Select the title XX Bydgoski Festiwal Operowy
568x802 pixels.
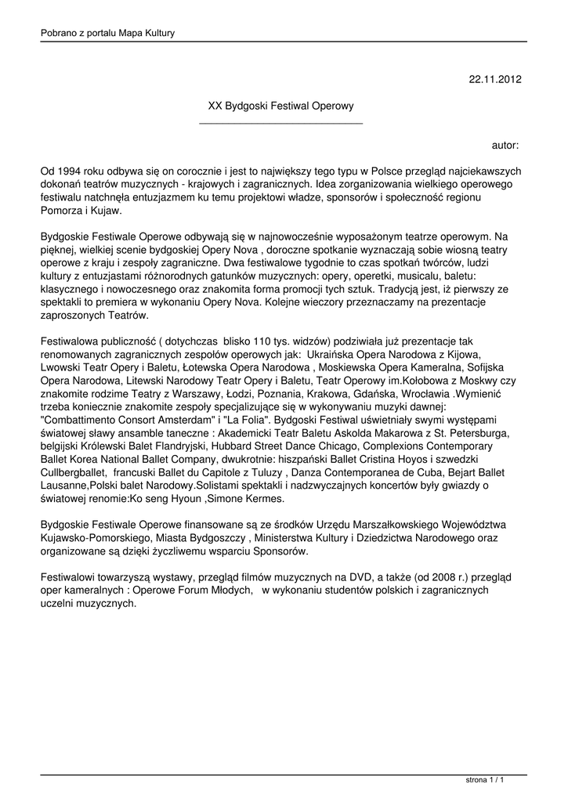pos(280,105)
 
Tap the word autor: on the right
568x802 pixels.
pos(505,145)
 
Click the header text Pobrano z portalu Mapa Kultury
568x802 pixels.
pos(107,33)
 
